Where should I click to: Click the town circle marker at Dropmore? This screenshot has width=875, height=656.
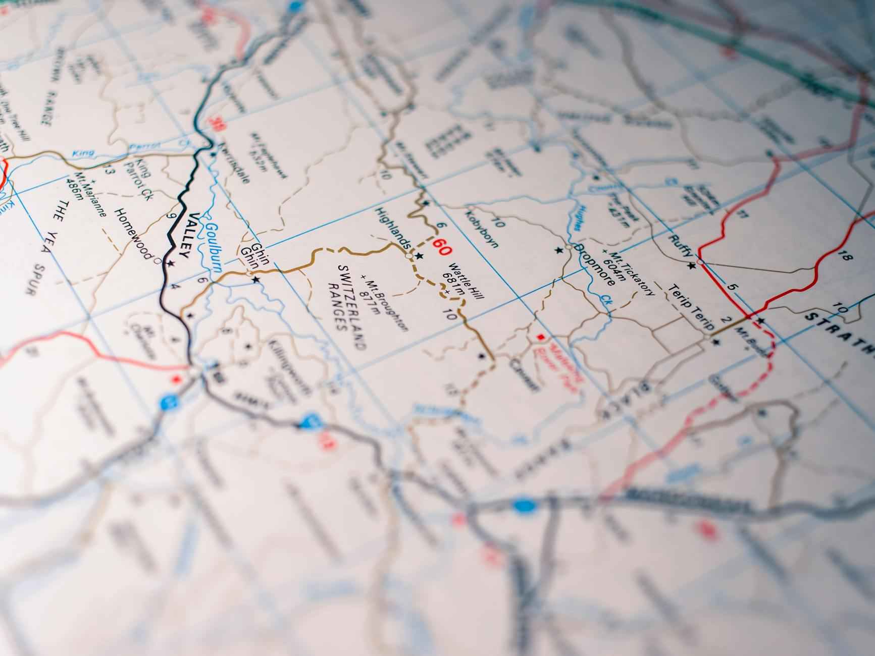[x=569, y=248]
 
